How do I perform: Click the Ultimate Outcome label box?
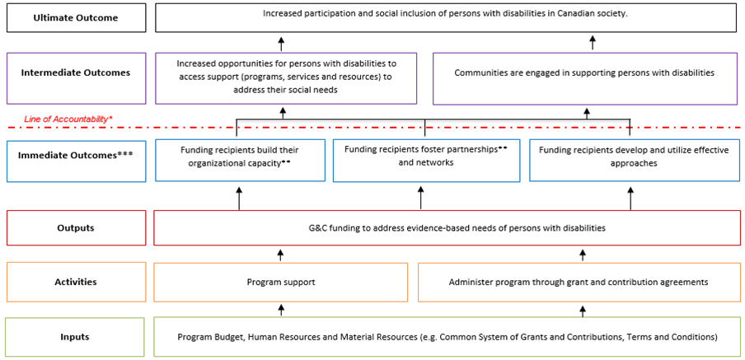75,17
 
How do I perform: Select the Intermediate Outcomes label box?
75,72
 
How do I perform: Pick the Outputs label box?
75,227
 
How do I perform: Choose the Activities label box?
75,282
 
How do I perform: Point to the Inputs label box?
75,336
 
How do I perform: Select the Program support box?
281,282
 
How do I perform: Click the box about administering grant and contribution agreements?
578,282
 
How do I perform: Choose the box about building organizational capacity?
239,157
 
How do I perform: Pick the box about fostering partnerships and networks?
426,157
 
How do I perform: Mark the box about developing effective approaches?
633,157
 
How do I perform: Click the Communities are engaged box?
584,73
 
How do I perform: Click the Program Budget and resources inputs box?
447,336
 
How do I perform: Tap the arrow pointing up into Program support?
281,309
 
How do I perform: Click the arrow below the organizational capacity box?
239,198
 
